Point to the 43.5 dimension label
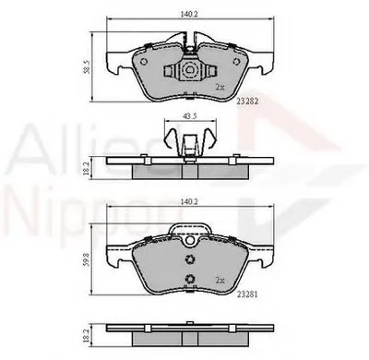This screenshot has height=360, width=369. click(189, 117)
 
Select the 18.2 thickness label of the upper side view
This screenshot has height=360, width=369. click(86, 167)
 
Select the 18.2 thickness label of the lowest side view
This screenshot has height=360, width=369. click(86, 330)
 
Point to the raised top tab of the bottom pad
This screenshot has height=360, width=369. click(190, 228)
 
